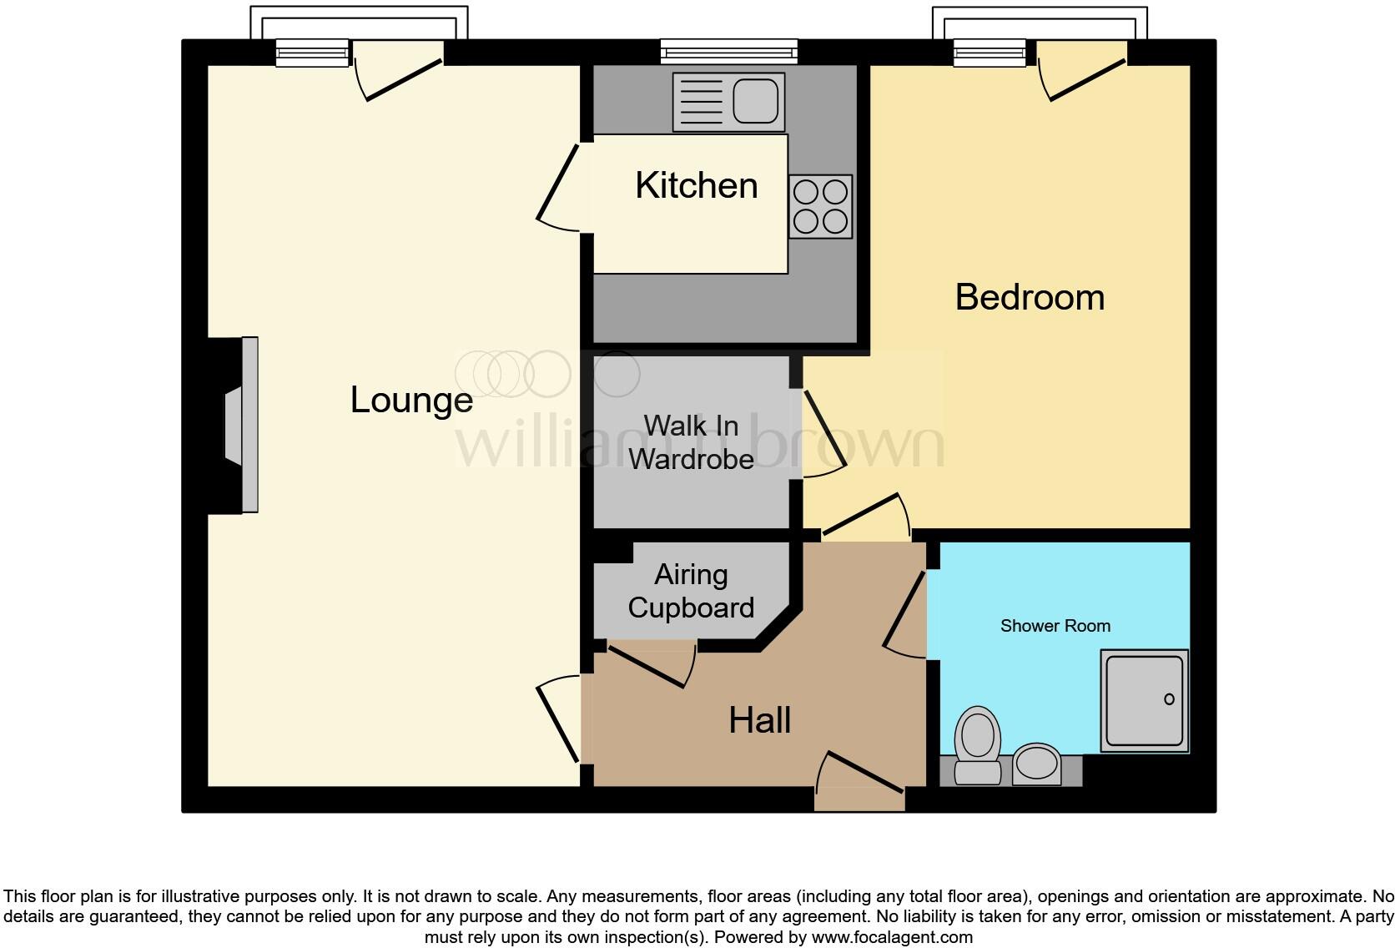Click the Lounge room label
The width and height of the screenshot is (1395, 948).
[411, 400]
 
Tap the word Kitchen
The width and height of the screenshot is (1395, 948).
[696, 185]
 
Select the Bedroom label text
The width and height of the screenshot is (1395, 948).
[1029, 297]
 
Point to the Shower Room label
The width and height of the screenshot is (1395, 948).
[1055, 626]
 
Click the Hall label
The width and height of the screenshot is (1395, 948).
[759, 720]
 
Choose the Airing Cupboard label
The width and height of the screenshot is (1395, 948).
[691, 591]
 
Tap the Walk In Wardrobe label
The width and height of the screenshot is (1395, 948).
[691, 442]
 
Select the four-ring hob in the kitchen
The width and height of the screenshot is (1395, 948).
[820, 206]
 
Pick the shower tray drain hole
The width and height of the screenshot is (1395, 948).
[1169, 699]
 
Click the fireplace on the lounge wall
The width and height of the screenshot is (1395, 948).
[240, 424]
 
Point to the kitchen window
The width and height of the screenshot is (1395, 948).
[728, 52]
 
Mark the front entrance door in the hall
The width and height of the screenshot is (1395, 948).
[859, 776]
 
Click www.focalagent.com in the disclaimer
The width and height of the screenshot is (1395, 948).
[891, 937]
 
